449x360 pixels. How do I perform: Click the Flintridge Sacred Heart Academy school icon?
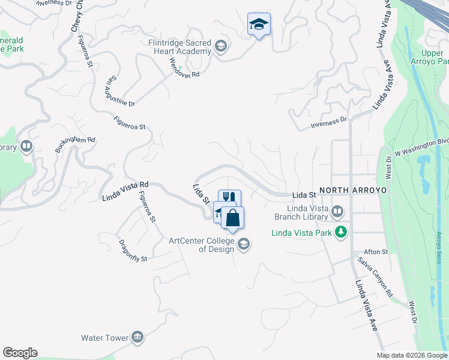221,46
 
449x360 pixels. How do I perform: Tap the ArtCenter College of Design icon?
244,244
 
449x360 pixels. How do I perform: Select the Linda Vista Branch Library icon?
337,211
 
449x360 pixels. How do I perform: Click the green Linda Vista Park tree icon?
342,232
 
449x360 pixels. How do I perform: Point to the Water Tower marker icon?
137,337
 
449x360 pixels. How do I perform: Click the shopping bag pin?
232,218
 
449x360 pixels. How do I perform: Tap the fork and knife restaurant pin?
229,197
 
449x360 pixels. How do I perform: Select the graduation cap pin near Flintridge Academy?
259,25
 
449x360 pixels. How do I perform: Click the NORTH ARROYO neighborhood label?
353,190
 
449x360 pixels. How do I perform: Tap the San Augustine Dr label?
121,91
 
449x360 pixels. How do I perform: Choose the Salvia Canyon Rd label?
375,277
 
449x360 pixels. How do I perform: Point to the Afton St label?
377,252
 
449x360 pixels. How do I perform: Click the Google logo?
20,353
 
